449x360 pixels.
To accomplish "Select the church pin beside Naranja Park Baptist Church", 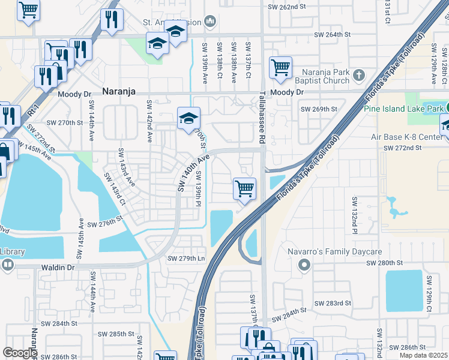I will pyautogui.click(x=359, y=75).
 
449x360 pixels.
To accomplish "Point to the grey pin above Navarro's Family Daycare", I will pyautogui.click(x=305, y=264).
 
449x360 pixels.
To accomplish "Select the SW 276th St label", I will pyautogui.click(x=104, y=224).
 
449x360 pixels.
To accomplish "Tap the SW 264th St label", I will pyautogui.click(x=333, y=35).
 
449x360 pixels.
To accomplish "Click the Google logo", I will pyautogui.click(x=20, y=353).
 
